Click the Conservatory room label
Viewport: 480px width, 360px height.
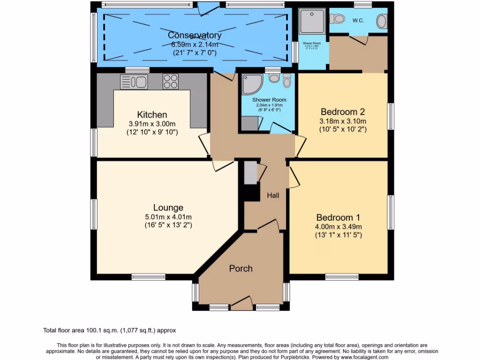click(x=195, y=35)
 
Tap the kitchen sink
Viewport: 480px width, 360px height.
click(x=134, y=82)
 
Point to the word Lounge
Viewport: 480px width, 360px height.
click(x=168, y=208)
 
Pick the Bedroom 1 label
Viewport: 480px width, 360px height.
click(x=338, y=217)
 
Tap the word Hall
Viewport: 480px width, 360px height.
click(x=273, y=195)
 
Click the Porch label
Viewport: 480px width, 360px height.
click(x=240, y=269)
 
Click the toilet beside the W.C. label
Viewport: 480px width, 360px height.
click(x=337, y=19)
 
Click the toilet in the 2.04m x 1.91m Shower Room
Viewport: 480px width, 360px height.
click(x=286, y=81)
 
